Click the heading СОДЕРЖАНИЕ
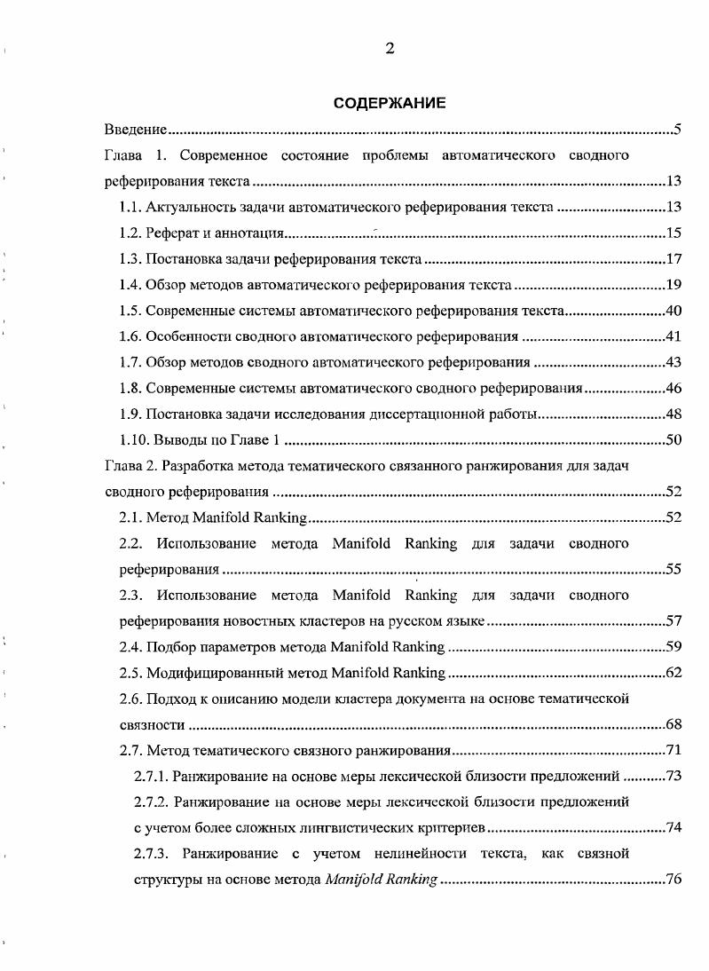tap(390, 103)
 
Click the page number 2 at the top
tap(390, 49)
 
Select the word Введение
tap(136, 130)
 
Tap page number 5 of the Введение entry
tap(676, 130)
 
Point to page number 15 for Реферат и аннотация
tap(673, 233)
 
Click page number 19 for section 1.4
tap(673, 285)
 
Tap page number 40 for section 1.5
tap(673, 311)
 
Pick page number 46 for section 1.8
tap(673, 388)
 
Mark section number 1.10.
tap(133, 439)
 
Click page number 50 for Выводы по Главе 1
tap(673, 439)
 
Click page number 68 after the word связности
tap(673, 724)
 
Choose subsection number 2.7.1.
tap(150, 776)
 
